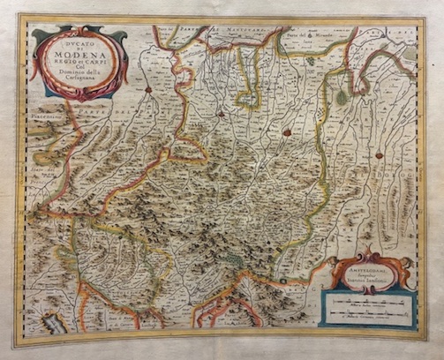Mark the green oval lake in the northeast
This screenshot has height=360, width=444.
tap(342, 98)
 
